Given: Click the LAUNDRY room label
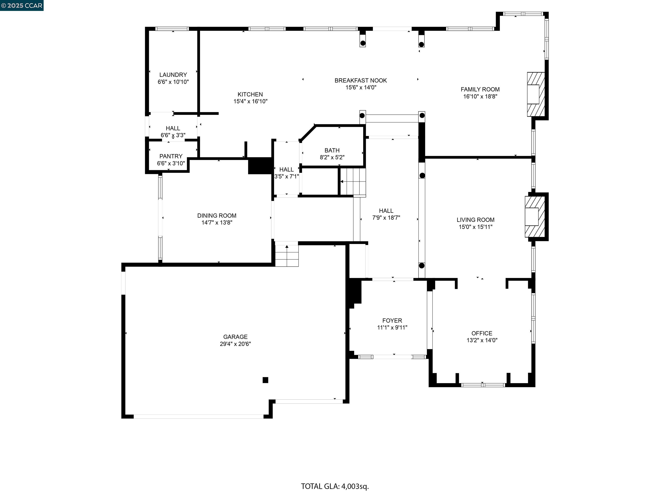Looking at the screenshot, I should click(x=173, y=75).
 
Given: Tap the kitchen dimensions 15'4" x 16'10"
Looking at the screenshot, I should click(x=250, y=101).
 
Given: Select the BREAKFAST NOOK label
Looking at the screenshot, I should click(x=361, y=80).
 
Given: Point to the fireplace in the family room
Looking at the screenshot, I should click(x=535, y=94).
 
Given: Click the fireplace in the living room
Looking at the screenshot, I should click(x=534, y=217).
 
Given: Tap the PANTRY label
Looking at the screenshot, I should click(x=171, y=156).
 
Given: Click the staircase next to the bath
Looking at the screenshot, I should click(x=353, y=182).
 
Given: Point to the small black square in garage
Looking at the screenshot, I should click(x=265, y=380).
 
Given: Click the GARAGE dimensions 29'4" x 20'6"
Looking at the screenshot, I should click(x=235, y=344).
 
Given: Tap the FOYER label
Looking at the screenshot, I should click(x=392, y=320).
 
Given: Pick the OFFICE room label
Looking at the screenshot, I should click(x=482, y=333).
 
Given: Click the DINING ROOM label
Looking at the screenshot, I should click(x=217, y=215).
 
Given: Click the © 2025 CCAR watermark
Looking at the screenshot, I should click(x=22, y=5).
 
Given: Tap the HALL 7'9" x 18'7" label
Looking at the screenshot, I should click(x=386, y=214).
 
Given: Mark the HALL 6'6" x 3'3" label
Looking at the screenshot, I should click(x=173, y=132).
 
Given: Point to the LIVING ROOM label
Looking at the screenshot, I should click(x=475, y=220).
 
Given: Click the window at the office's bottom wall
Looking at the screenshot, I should click(x=483, y=385).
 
